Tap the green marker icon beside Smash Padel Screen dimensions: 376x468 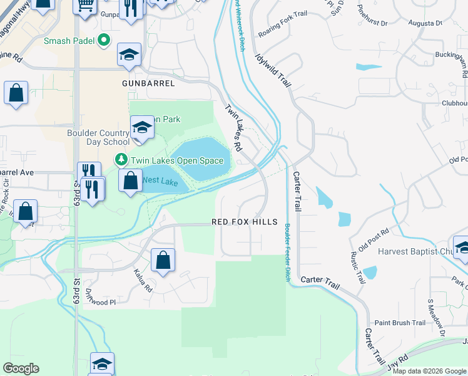[105, 43]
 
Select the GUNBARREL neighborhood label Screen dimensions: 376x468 [146, 83]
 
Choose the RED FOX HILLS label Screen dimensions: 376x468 [244, 222]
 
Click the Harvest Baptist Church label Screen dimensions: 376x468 [417, 251]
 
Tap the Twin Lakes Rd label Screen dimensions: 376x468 [233, 127]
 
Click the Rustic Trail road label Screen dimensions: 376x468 [358, 268]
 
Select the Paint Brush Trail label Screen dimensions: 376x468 [400, 323]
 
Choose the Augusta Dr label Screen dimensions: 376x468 [425, 23]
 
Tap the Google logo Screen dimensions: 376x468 [21, 368]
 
